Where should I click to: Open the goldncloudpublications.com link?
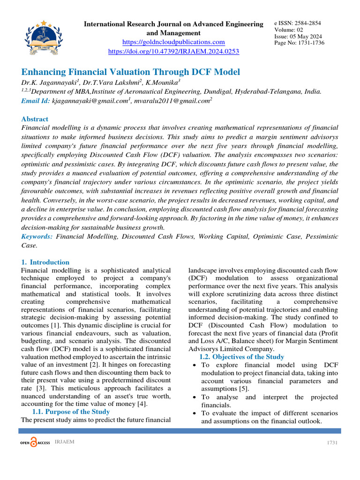(x=173, y=42)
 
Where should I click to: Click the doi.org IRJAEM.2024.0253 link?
(x=173, y=51)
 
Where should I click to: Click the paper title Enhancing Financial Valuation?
(x=131, y=72)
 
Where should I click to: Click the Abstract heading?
(x=35, y=119)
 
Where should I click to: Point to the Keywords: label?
(x=37, y=237)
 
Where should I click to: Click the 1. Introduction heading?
(x=45, y=262)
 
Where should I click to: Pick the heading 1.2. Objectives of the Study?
(x=241, y=357)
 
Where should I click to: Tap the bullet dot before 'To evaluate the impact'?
(x=195, y=413)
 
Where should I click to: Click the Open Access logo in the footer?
(x=35, y=443)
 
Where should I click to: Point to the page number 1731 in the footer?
(x=332, y=443)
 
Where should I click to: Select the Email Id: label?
(x=36, y=100)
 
